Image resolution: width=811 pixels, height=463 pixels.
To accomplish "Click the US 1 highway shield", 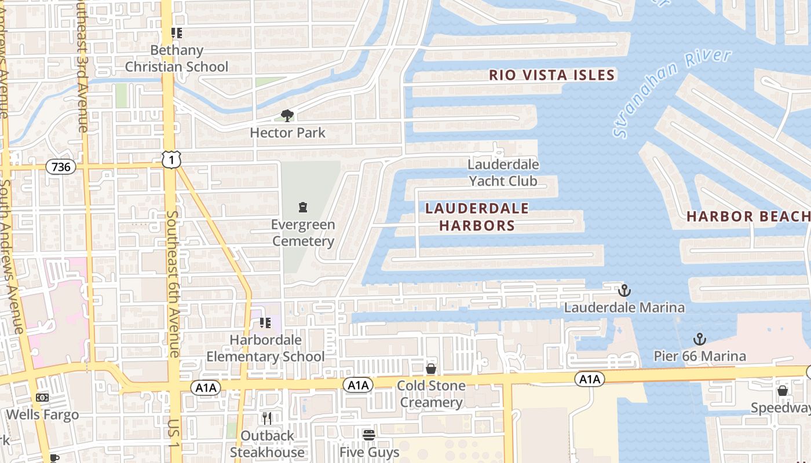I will pyautogui.click(x=171, y=159).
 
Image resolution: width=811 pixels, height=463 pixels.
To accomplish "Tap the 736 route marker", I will pyautogui.click(x=61, y=167).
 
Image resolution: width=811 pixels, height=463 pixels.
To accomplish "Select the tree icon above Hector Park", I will pyautogui.click(x=287, y=116).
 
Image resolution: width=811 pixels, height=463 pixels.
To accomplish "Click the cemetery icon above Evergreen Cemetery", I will pyautogui.click(x=302, y=207).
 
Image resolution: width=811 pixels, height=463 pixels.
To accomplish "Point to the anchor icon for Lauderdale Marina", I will pyautogui.click(x=624, y=290).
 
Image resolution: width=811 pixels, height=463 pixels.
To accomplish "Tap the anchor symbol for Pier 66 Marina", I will pyautogui.click(x=700, y=339).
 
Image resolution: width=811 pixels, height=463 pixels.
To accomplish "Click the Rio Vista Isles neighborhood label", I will pyautogui.click(x=551, y=75).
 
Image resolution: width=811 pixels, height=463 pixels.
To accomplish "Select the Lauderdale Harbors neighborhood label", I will pyautogui.click(x=477, y=216).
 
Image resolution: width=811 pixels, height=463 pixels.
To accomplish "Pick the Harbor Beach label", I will pyautogui.click(x=747, y=216).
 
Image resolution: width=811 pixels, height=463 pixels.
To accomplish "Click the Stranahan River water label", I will pyautogui.click(x=672, y=93).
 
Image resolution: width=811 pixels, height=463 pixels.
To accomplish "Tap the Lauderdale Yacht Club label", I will pyautogui.click(x=503, y=172).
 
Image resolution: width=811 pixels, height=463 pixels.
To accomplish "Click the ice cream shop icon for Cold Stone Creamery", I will pyautogui.click(x=430, y=369).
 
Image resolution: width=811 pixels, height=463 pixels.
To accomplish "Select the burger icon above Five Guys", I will pyautogui.click(x=369, y=435).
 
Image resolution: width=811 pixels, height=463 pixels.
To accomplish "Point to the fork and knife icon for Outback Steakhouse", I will pyautogui.click(x=267, y=418).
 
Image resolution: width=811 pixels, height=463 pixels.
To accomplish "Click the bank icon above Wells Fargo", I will pyautogui.click(x=42, y=398).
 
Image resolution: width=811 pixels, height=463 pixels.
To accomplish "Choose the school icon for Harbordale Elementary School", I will pyautogui.click(x=265, y=323).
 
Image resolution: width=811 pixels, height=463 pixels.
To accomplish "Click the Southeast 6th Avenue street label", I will pyautogui.click(x=173, y=284).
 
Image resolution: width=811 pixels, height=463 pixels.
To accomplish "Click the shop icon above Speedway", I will pyautogui.click(x=782, y=391).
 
